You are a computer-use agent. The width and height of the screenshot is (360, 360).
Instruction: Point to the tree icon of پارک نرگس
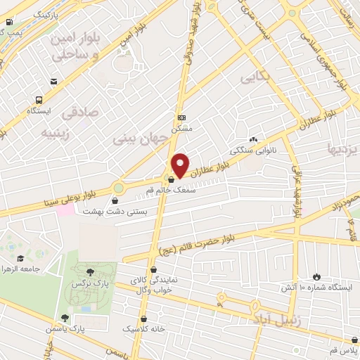coord(90,272)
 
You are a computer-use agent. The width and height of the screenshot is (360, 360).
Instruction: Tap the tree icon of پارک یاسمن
coord(65,319)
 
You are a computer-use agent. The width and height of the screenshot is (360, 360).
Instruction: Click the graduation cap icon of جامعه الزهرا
coord(20,259)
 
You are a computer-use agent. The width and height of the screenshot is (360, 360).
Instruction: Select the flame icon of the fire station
coord(315,277)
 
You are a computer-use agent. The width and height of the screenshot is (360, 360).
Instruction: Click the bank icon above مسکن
coord(182,117)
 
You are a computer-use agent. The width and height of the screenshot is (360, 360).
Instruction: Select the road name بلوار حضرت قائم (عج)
coord(226,240)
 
